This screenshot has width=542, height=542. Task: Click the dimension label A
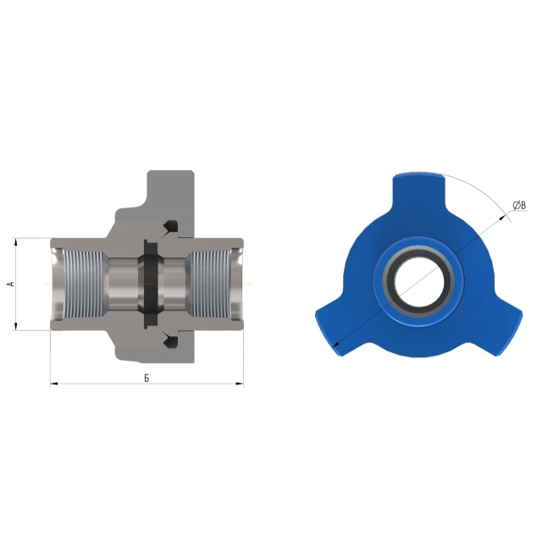click(x=12, y=284)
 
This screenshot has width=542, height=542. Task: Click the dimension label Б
click(x=147, y=379)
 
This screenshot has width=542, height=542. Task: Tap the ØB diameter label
click(x=519, y=206)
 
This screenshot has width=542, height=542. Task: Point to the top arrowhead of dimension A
click(x=15, y=241)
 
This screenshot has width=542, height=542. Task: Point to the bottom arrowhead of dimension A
click(x=15, y=326)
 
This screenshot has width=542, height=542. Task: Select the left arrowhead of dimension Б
click(x=54, y=384)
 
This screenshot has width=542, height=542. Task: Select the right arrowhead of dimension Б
click(x=240, y=384)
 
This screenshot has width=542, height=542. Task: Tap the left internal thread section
click(x=84, y=284)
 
